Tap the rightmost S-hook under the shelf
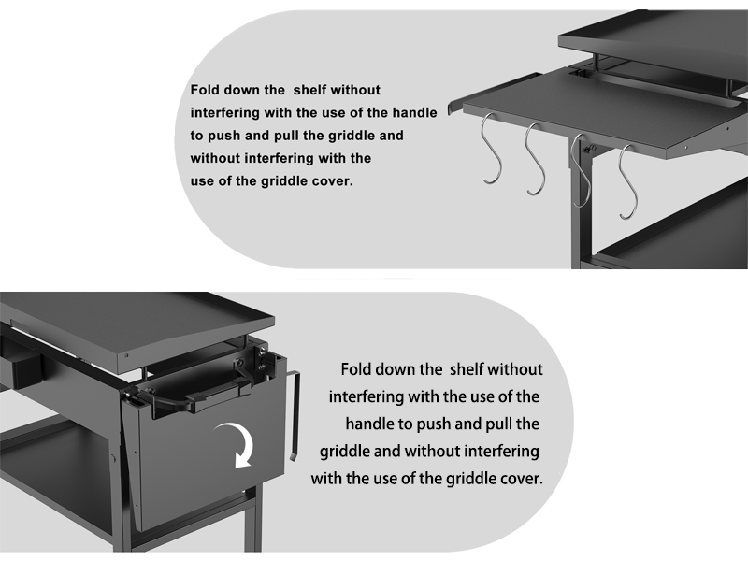click(x=626, y=182)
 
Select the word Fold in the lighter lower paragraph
click(x=358, y=369)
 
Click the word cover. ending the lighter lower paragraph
click(x=520, y=478)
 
